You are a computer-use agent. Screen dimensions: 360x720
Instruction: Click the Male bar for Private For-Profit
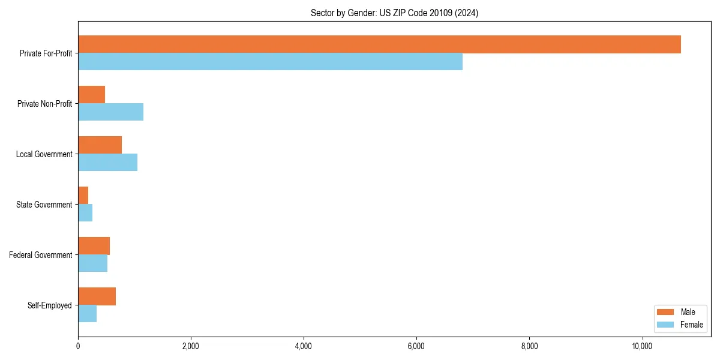[379, 44]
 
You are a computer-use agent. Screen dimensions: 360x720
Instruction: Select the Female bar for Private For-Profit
[270, 62]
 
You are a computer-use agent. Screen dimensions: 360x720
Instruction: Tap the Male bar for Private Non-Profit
[91, 95]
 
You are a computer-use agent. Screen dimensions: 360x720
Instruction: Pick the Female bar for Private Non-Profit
[110, 112]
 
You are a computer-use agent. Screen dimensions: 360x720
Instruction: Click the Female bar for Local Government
[107, 163]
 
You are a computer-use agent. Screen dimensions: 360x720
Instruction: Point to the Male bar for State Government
[83, 196]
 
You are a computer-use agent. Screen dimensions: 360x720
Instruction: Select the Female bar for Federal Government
[92, 263]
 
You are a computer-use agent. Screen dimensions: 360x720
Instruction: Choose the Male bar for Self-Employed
[97, 296]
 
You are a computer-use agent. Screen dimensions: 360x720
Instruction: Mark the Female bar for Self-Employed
[87, 314]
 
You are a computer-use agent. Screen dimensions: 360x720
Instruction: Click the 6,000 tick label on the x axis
[416, 346]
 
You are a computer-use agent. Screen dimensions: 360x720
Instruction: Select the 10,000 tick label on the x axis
[642, 346]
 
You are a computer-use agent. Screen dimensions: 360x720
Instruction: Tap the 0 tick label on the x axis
[78, 346]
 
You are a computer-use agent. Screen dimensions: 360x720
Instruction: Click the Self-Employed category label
[49, 305]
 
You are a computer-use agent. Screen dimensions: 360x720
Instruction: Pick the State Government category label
[44, 205]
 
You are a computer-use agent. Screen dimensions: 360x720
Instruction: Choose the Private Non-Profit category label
[44, 104]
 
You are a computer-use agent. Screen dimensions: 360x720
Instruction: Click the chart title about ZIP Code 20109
[394, 13]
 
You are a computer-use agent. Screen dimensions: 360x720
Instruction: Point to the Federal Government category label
[41, 255]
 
